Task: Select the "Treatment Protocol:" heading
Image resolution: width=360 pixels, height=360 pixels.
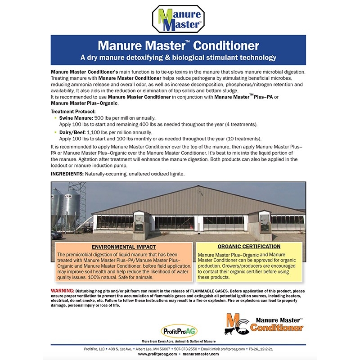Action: [72, 111]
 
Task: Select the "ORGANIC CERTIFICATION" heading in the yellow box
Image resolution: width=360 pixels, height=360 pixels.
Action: [248, 247]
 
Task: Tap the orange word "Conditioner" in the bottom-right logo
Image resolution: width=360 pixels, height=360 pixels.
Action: [276, 328]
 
